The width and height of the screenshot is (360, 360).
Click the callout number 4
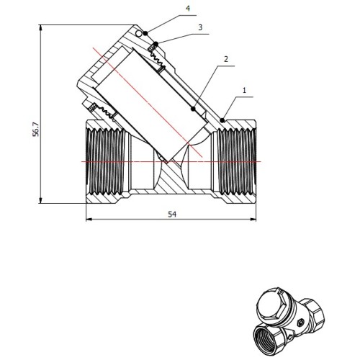point(188,9)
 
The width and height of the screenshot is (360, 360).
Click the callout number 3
point(200,27)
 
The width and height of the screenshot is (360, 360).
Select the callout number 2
point(225,59)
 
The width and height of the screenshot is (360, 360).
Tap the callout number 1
point(244,90)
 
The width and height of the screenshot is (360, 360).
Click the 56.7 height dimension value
point(35,129)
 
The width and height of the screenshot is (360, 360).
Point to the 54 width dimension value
point(172,214)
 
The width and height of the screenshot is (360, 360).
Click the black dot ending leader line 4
point(145,33)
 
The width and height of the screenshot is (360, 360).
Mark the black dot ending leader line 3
point(156,44)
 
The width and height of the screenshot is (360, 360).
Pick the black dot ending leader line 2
point(193,109)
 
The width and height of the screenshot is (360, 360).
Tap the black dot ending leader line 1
point(222,120)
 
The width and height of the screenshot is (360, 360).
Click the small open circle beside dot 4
point(138,34)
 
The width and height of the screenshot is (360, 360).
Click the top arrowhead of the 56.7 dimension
point(41,27)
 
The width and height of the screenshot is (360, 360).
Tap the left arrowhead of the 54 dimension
point(89,219)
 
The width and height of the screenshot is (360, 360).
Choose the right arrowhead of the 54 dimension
point(253,219)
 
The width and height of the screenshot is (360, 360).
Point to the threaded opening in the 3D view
point(266,338)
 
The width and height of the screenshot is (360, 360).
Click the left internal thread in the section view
point(106,161)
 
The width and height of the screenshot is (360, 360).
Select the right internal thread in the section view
point(235,161)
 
